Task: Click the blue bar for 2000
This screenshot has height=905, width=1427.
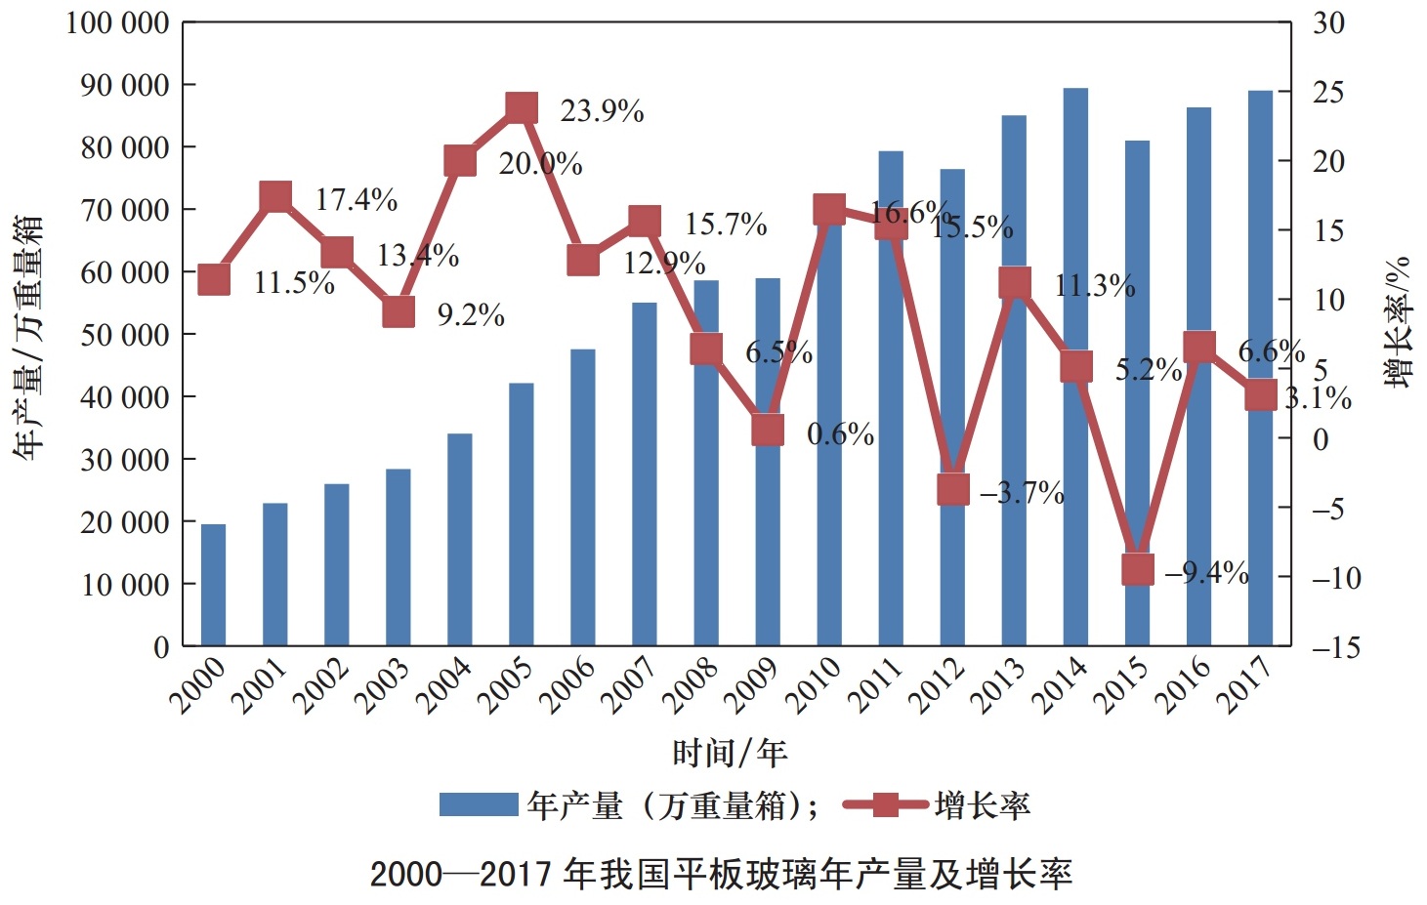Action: point(213,585)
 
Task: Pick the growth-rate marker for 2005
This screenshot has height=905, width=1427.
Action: point(522,107)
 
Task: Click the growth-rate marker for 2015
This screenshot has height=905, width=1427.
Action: point(1137,569)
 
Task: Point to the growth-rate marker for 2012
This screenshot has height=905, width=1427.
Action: point(953,489)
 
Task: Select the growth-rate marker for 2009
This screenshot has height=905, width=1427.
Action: point(768,430)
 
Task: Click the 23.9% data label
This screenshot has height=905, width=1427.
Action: point(602,112)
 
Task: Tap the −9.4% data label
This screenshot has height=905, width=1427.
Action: point(1206,573)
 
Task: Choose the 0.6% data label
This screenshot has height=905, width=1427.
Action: point(840,434)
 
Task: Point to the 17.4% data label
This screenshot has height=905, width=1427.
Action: point(357,200)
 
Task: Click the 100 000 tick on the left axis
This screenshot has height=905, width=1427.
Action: point(117,22)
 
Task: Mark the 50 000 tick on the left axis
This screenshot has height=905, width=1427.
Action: point(124,335)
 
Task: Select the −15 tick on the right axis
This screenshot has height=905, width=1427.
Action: point(1334,647)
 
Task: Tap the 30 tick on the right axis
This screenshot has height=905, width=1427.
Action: point(1328,22)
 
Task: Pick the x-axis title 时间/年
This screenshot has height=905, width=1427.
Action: point(730,753)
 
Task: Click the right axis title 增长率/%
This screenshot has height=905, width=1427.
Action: point(1398,322)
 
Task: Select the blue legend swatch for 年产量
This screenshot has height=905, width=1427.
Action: point(479,805)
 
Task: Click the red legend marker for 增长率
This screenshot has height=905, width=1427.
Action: point(885,805)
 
